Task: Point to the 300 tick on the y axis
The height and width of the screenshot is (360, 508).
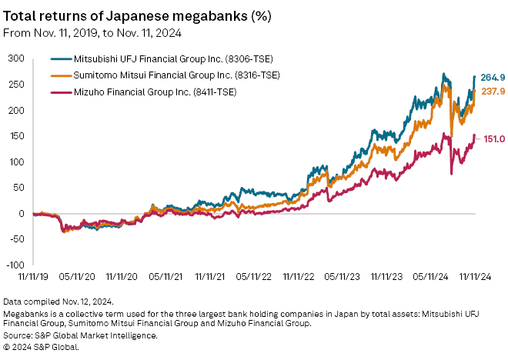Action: click(16, 58)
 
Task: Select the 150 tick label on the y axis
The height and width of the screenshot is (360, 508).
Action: click(16, 136)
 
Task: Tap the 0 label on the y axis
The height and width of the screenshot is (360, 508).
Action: click(22, 214)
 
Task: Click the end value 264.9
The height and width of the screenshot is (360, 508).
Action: click(493, 78)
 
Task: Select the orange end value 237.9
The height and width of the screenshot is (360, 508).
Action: click(493, 92)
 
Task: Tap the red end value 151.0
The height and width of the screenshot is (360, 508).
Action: click(493, 138)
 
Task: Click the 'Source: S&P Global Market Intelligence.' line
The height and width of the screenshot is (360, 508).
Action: click(80, 335)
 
